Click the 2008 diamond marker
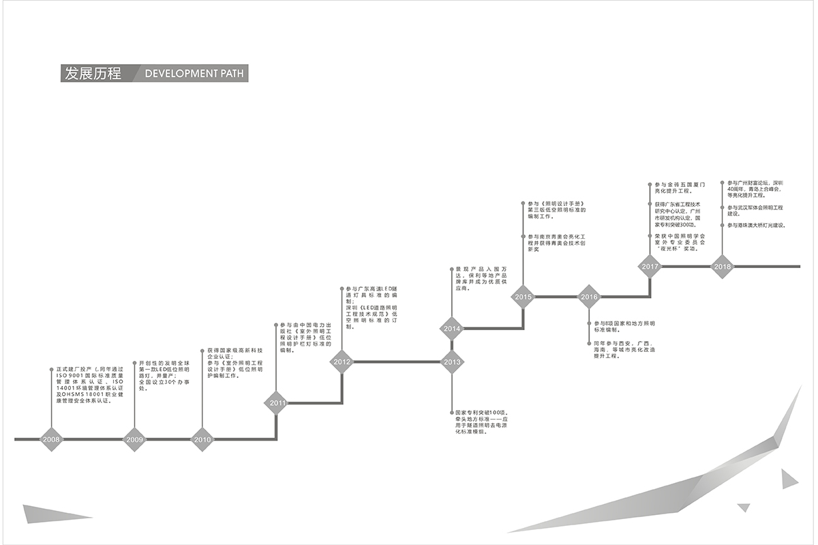51,439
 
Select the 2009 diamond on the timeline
134,439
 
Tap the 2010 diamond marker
202,439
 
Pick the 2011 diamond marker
277,403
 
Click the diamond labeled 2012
342,362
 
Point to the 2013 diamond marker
452,362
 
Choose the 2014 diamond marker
452,329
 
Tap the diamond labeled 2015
524,297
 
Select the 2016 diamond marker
589,297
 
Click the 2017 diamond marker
650,266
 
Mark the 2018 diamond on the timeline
723,266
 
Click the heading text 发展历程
91,74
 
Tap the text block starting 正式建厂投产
90,385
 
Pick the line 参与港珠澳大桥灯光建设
756,225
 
